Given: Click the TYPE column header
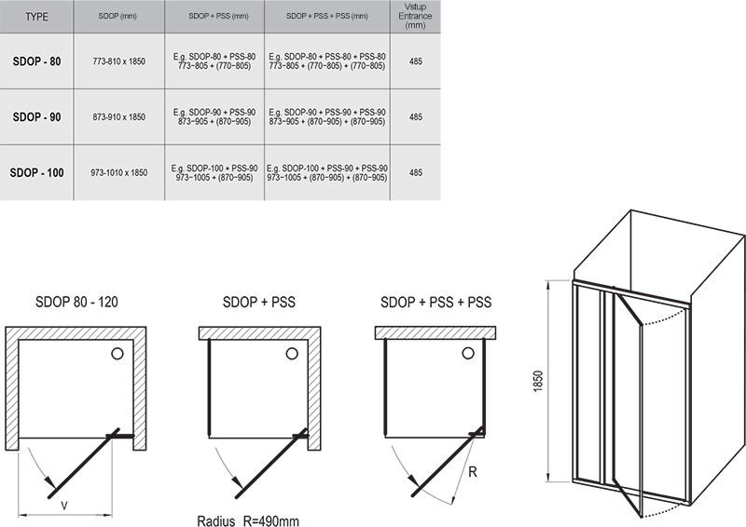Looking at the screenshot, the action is coord(36,17).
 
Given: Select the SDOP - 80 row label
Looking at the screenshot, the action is coord(36,61).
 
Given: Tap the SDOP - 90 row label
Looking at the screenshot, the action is coord(36,117).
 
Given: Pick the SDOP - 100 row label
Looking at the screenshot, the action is coord(36,172).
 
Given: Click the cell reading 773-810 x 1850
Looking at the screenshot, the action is coord(119,61).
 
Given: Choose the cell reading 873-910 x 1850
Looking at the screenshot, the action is coord(119,117).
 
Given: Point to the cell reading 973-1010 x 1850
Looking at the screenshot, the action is coord(119,172).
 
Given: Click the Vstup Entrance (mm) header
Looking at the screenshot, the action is coord(415,16).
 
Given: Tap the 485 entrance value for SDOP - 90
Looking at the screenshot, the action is coord(416,117).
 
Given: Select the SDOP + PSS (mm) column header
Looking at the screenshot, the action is coord(218,16).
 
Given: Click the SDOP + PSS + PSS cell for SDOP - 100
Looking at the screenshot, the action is coord(327,173).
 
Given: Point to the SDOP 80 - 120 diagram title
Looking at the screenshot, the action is coord(76,302).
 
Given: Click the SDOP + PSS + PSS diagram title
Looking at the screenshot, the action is coord(435,302).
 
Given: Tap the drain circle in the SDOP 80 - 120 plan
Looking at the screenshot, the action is coord(117,353).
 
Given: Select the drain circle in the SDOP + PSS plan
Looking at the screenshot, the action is coord(292,353).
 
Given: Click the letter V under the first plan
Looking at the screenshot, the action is coord(64,507).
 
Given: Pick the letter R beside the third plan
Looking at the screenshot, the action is coord(473,472).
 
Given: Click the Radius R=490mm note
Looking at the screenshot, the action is coord(248,520).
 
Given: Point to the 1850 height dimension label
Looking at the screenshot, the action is coord(538,381).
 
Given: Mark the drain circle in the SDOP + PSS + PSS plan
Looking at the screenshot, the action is coord(468,353).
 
